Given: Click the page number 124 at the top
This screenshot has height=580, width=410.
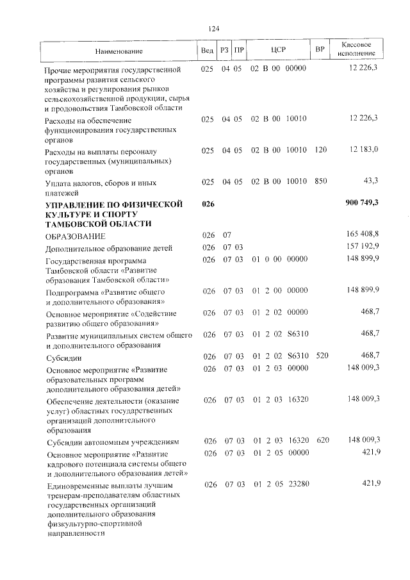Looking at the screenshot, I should click(x=214, y=28).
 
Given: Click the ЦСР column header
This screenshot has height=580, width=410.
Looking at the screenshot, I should click(x=278, y=50).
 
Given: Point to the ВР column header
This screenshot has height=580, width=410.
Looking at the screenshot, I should click(x=320, y=50).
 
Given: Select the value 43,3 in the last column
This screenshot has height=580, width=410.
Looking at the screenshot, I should click(x=370, y=181).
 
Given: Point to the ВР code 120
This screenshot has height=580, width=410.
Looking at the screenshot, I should click(x=321, y=149).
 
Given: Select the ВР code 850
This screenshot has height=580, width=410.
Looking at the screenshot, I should click(x=321, y=181).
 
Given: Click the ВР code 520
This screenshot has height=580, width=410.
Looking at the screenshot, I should click(x=321, y=356).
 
